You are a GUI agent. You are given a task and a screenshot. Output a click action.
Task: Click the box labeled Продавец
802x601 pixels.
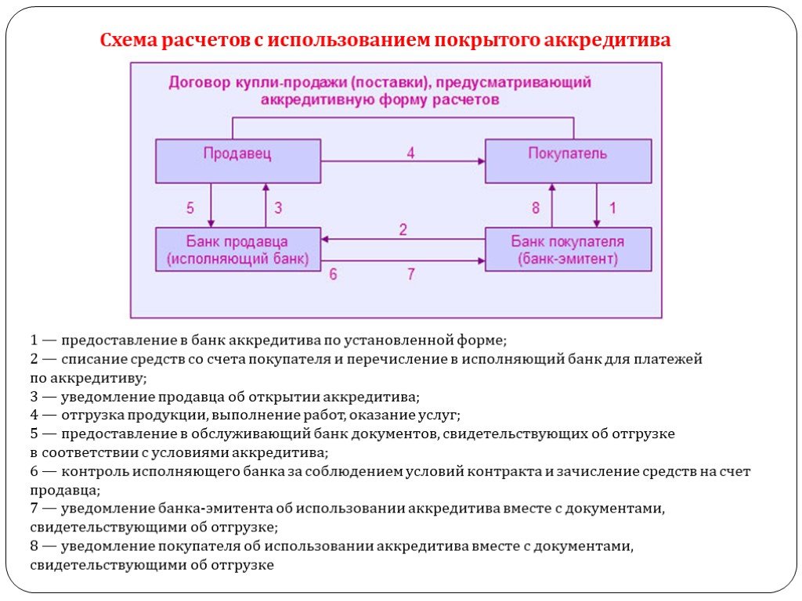tap(238, 161)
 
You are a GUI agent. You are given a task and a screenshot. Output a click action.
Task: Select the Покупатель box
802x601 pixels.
tap(569, 161)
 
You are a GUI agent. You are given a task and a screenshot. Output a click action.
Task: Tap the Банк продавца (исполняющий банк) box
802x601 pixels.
tap(238, 250)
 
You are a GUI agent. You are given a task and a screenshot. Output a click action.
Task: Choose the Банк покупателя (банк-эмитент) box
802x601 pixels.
tap(569, 250)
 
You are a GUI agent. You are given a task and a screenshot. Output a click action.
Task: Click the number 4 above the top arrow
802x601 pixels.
tap(410, 153)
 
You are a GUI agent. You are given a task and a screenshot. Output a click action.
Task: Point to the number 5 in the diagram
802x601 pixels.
tap(190, 208)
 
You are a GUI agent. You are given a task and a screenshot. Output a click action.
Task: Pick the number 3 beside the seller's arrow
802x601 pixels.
tap(278, 208)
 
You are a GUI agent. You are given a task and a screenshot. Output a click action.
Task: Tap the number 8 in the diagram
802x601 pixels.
tap(536, 208)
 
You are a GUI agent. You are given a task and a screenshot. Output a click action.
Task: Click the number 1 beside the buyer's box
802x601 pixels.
tap(612, 208)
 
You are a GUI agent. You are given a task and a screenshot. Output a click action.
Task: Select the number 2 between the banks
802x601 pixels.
tap(403, 229)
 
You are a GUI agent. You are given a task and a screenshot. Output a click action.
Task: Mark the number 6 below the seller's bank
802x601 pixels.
tap(333, 275)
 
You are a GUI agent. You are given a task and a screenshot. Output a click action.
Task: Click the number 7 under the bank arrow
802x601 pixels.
tap(410, 275)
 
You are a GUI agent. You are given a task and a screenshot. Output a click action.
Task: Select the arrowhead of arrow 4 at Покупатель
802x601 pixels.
tap(482, 161)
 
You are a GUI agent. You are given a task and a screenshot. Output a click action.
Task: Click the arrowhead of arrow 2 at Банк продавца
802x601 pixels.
tap(325, 239)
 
